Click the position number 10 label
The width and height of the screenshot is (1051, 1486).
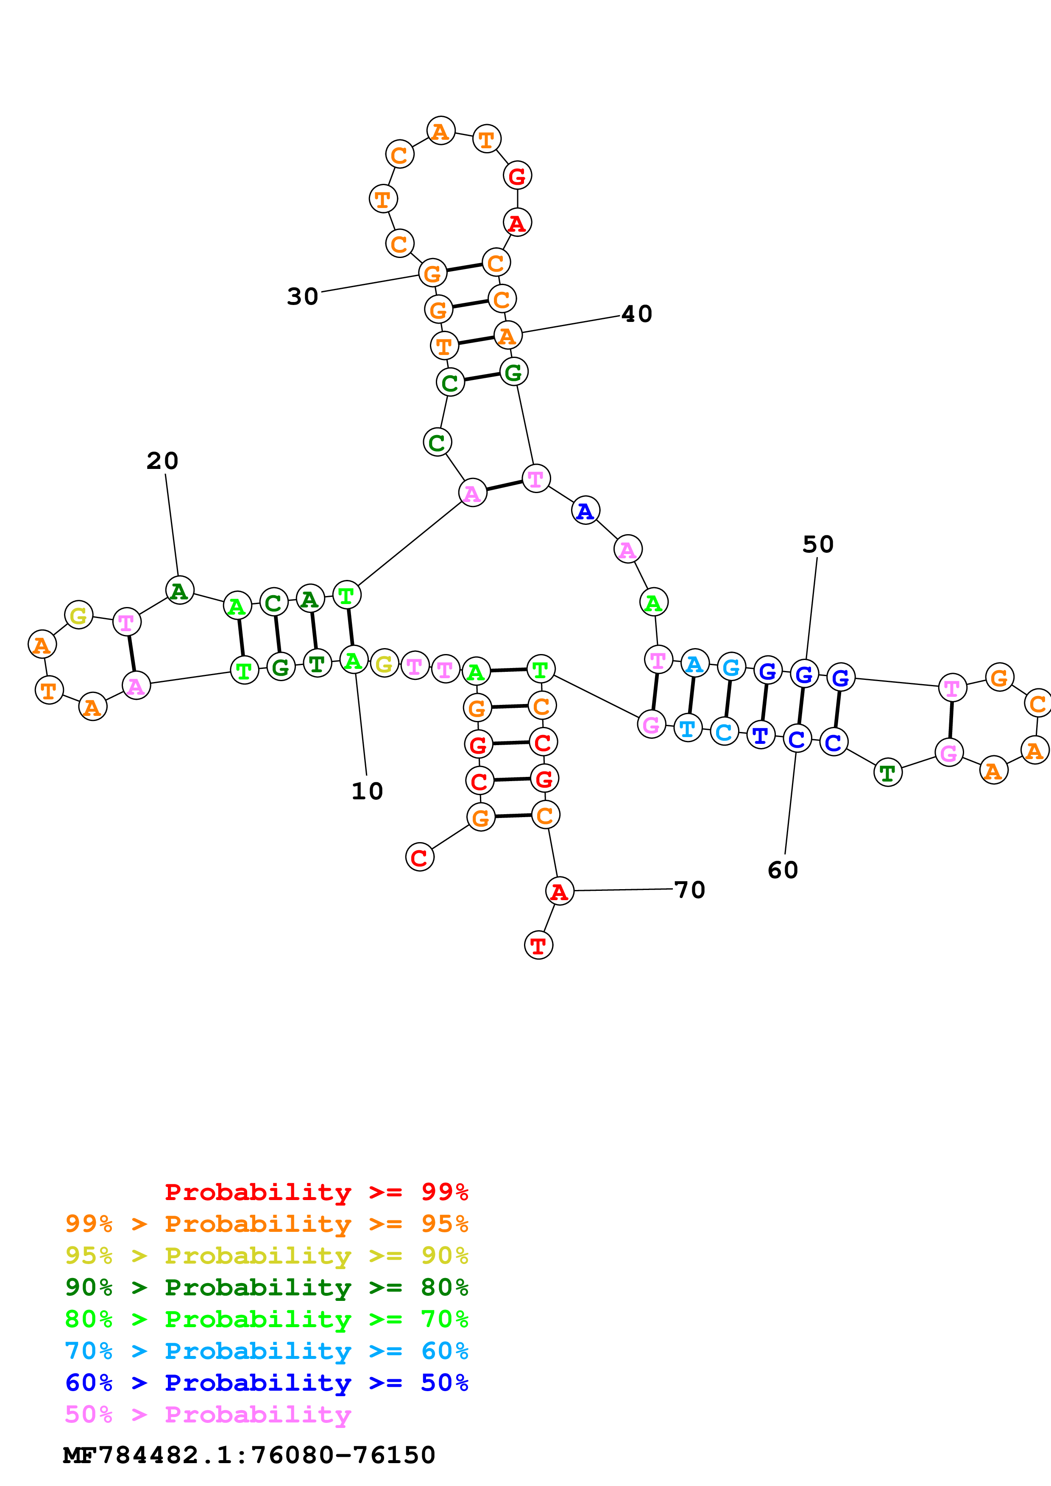[x=367, y=791]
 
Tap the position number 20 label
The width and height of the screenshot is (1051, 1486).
[x=162, y=461]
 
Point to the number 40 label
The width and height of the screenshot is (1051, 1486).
[x=636, y=314]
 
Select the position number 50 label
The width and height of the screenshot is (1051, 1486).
[x=818, y=544]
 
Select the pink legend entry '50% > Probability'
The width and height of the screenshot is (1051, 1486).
[x=208, y=1415]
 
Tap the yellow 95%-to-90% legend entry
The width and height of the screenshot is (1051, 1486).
[x=267, y=1256]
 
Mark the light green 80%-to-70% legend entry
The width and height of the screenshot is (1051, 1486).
[x=267, y=1319]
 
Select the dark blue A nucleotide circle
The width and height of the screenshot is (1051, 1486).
[x=585, y=510]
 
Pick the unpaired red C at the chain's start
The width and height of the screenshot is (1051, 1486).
[x=420, y=857]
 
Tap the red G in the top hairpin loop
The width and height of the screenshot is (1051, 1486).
[x=517, y=175]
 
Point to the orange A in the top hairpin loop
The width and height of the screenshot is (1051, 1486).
[x=441, y=131]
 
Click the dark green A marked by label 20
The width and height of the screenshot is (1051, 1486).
[x=179, y=590]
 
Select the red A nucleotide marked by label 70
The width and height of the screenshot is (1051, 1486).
[x=560, y=891]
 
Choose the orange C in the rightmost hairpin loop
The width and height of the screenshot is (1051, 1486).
[x=1037, y=704]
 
